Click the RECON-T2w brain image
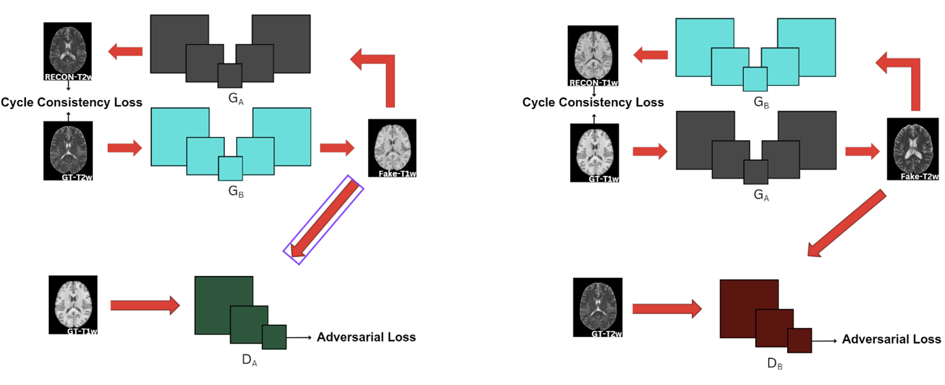pyautogui.click(x=68, y=51)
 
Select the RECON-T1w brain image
pyautogui.click(x=592, y=56)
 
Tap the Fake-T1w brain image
pyautogui.click(x=392, y=148)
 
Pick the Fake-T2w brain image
pyautogui.click(x=912, y=149)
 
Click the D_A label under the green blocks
pyautogui.click(x=249, y=360)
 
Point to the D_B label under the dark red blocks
pyautogui.click(x=775, y=364)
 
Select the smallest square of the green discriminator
pyautogui.click(x=274, y=337)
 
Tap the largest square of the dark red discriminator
pyautogui.click(x=749, y=309)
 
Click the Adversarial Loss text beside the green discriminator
pyautogui.click(x=366, y=337)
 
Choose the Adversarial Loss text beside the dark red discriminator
pyautogui.click(x=892, y=339)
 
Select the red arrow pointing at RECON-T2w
pyautogui.click(x=126, y=52)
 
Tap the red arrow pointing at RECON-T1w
pyautogui.click(x=650, y=55)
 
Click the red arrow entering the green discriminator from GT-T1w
pyautogui.click(x=145, y=305)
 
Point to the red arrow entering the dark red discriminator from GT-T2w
pyautogui.click(x=667, y=309)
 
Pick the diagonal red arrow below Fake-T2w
pyautogui.click(x=847, y=223)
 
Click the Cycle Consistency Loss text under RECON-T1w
pyautogui.click(x=592, y=103)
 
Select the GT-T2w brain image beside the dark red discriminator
pyautogui.click(x=598, y=308)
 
